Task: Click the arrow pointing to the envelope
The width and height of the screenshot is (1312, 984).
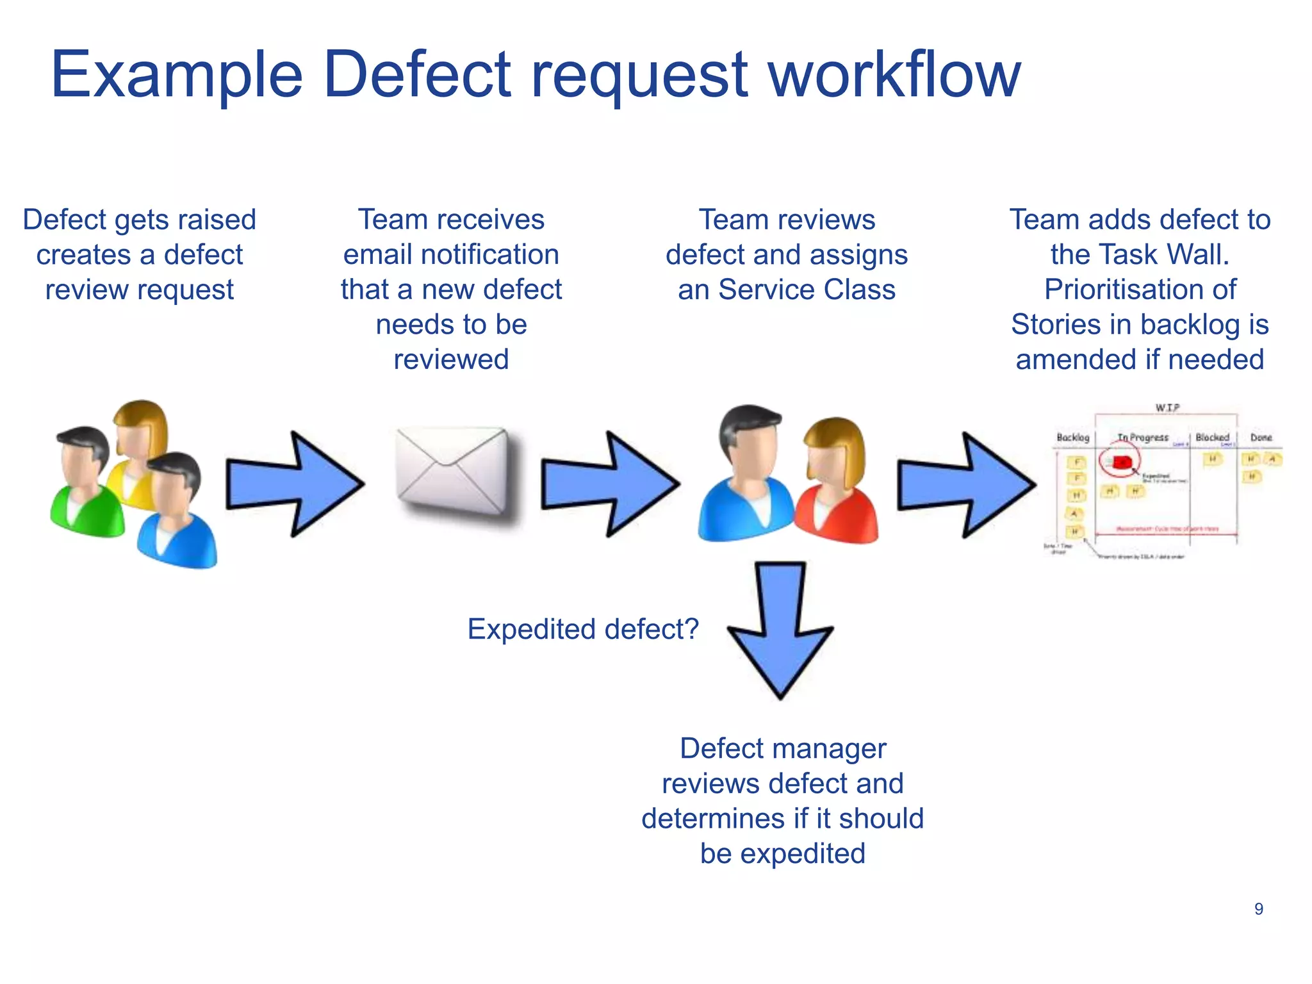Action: [x=295, y=484]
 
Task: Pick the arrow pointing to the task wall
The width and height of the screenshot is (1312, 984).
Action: [x=966, y=485]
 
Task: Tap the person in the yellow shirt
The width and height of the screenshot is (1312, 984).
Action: [x=138, y=448]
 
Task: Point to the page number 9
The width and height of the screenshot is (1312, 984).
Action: [x=1258, y=909]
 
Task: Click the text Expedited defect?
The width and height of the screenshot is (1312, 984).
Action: [x=583, y=629]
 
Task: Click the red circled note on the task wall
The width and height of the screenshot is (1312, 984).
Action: [x=1120, y=462]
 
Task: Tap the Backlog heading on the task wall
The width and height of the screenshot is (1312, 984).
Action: [x=1072, y=438]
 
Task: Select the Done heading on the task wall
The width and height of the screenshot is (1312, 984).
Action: [x=1261, y=438]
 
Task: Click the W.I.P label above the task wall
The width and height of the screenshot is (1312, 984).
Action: [x=1167, y=407]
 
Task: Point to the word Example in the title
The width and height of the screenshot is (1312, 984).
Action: [x=177, y=76]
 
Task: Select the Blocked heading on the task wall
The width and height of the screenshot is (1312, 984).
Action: [x=1212, y=438]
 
